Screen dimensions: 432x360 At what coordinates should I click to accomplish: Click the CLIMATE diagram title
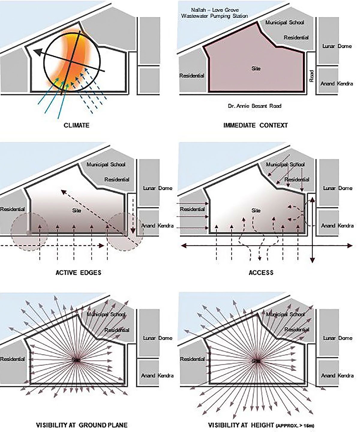click(x=76, y=125)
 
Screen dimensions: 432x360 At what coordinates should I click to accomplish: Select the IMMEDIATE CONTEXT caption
click(x=255, y=125)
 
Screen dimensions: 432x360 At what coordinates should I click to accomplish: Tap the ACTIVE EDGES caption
click(x=79, y=273)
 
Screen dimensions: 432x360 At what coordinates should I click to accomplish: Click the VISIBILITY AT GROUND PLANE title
click(x=82, y=425)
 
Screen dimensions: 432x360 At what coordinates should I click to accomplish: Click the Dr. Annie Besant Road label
click(x=254, y=106)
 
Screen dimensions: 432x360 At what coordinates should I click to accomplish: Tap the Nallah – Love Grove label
click(x=215, y=10)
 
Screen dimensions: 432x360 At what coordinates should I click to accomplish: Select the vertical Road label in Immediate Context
click(x=312, y=76)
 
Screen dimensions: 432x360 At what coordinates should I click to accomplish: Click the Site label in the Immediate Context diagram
click(x=256, y=68)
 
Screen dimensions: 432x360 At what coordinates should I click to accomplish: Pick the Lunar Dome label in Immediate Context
click(x=337, y=46)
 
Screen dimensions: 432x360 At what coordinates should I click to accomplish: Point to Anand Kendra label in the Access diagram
click(x=337, y=225)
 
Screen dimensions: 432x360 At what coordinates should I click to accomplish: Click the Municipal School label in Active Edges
click(x=106, y=165)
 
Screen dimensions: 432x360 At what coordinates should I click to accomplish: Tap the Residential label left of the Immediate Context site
click(x=192, y=76)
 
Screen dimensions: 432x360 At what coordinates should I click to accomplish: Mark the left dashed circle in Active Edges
click(x=29, y=232)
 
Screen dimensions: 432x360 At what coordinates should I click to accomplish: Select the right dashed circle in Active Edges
click(x=125, y=232)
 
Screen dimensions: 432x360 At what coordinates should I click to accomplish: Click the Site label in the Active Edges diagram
click(x=77, y=210)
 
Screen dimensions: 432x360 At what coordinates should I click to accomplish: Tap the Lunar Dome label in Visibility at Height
click(x=337, y=338)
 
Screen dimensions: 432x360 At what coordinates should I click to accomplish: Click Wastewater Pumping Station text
click(x=215, y=16)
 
